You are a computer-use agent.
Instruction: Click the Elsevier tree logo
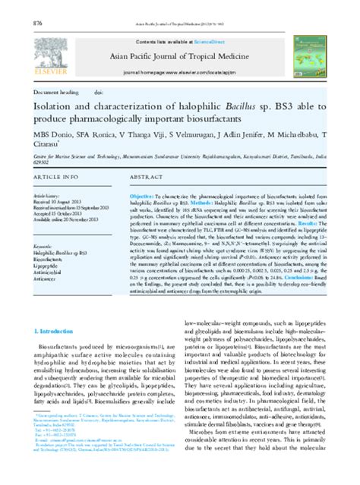pos(53,53)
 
